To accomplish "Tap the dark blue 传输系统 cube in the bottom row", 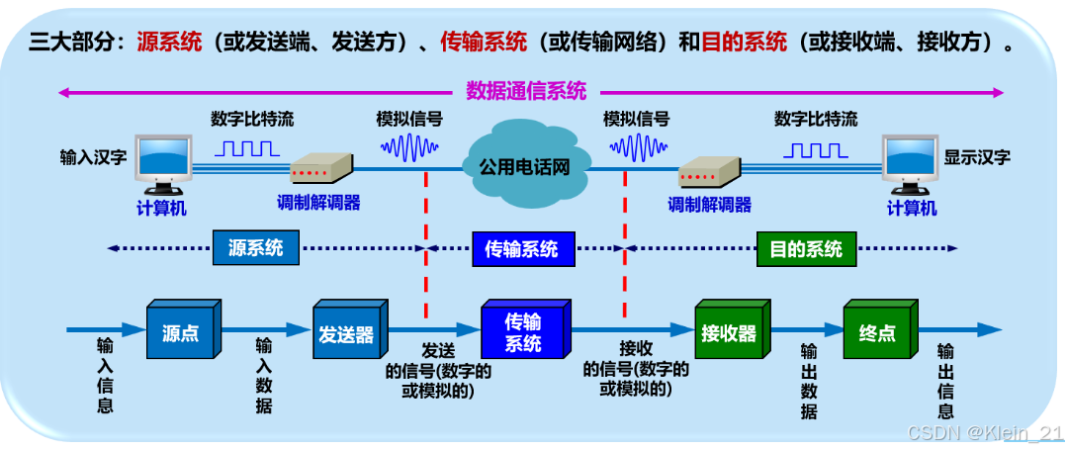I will point(522,332).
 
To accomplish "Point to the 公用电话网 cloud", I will point(524,166).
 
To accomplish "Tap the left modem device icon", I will point(321,169).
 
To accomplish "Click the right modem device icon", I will point(710,172).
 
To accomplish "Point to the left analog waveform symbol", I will point(408,149).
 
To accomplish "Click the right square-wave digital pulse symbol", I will point(816,150).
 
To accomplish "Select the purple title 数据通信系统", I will point(526,91).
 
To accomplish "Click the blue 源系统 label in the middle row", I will point(255,248).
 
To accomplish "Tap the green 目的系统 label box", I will point(806,248).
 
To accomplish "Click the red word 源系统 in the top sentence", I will point(169,43).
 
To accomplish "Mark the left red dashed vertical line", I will point(426,247).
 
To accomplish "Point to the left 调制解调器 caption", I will point(318,204).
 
